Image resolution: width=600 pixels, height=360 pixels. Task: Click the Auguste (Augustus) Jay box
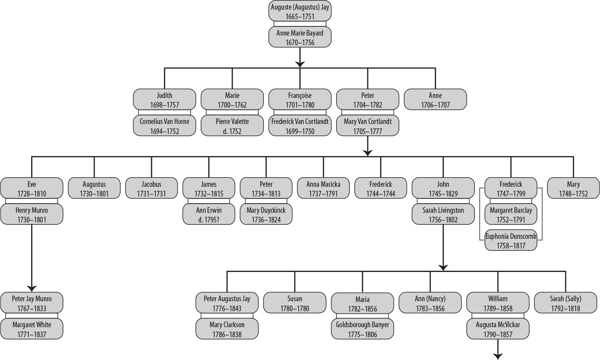[x=300, y=12]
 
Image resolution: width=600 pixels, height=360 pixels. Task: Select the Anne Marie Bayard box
[x=300, y=38]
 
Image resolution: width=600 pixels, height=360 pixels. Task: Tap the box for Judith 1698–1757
[x=164, y=100]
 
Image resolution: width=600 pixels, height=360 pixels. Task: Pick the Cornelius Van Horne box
[x=164, y=126]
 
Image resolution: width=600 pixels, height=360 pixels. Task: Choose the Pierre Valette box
[x=232, y=126]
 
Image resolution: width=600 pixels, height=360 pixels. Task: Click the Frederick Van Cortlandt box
[x=300, y=126]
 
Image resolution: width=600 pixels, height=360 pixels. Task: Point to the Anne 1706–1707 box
[x=435, y=100]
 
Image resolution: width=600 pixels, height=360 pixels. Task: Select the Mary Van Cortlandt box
[x=368, y=126]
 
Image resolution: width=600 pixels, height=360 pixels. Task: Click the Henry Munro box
[x=32, y=214]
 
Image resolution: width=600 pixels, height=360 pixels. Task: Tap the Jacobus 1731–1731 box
[x=151, y=188]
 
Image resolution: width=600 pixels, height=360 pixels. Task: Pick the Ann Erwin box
[x=209, y=214]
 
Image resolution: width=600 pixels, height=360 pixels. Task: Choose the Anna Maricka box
[x=323, y=188]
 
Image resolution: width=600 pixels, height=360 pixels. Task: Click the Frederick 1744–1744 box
[x=381, y=188]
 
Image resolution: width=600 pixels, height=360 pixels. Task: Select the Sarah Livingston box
[x=443, y=214]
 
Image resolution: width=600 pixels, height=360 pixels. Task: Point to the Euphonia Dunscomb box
[x=511, y=240]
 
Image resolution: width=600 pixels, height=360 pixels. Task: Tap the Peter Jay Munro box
[x=32, y=303]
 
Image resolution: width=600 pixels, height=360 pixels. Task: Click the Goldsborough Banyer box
[x=363, y=329]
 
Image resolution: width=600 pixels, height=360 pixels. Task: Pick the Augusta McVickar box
[x=498, y=329]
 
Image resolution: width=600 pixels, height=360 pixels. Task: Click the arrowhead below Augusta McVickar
[x=498, y=356]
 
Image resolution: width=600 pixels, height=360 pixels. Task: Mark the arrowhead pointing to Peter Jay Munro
[x=32, y=288]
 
